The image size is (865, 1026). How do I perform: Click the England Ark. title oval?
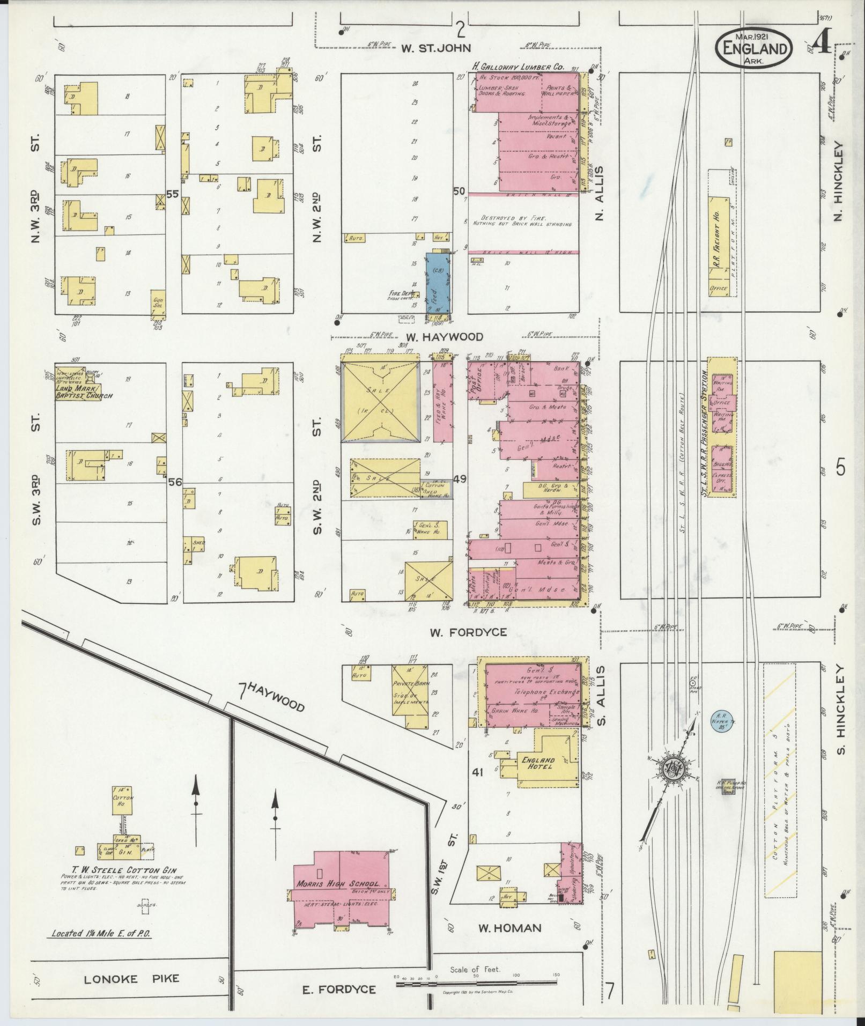click(753, 48)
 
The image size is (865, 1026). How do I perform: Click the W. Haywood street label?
click(444, 337)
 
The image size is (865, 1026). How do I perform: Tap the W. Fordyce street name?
click(467, 632)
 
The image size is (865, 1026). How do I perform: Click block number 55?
click(172, 194)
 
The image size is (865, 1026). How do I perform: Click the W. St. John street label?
click(436, 48)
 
